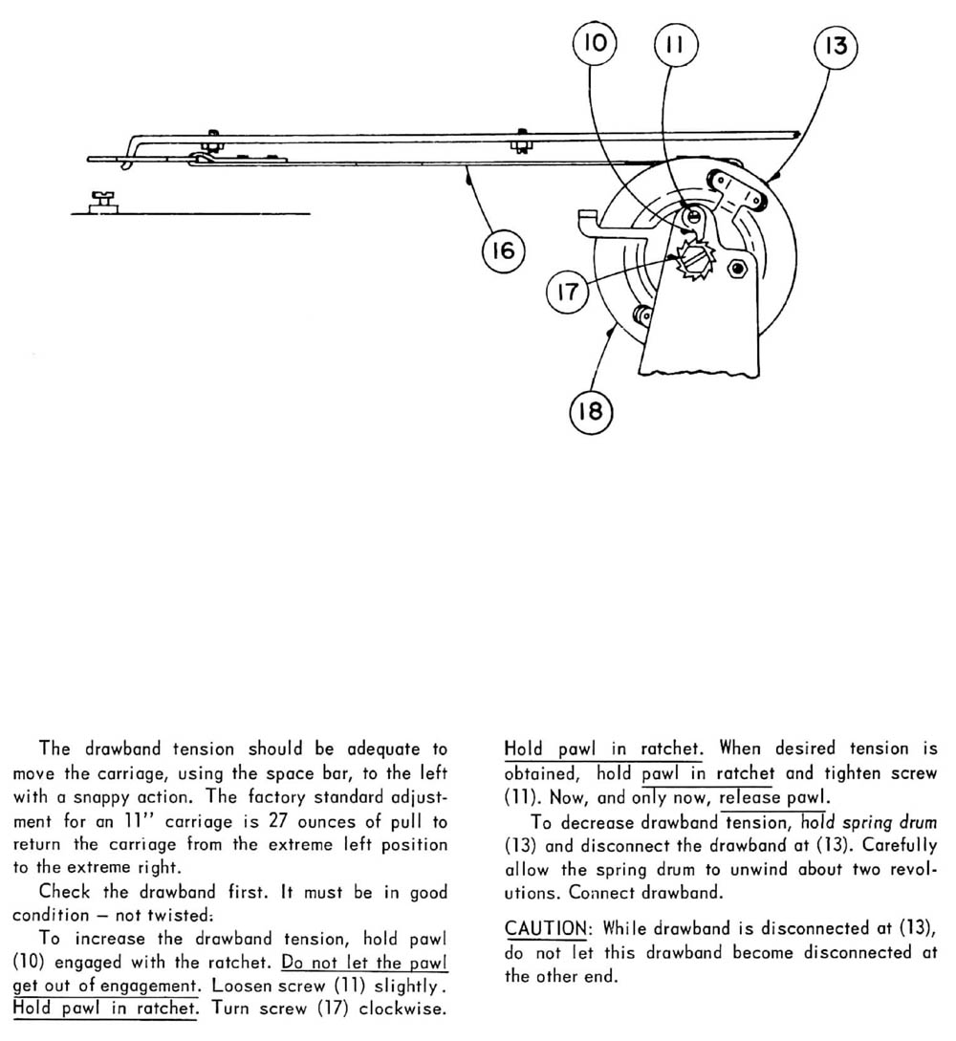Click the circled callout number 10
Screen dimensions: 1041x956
click(x=595, y=44)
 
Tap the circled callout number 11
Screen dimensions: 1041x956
click(x=676, y=44)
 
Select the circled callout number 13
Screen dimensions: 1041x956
click(x=836, y=46)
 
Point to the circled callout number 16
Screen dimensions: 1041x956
click(x=504, y=252)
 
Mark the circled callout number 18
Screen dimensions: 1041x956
click(x=592, y=413)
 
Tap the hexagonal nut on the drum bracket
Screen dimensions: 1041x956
click(x=737, y=267)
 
